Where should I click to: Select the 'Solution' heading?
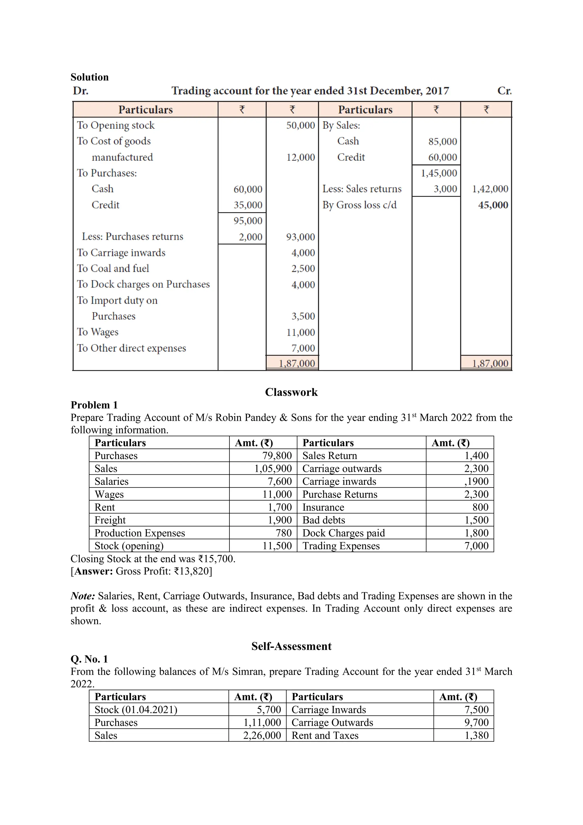pyautogui.click(x=89, y=77)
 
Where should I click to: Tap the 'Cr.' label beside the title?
pyautogui.click(x=504, y=91)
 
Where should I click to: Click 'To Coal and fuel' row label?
pyautogui.click(x=113, y=268)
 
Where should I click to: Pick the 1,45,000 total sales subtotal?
pyautogui.click(x=439, y=173)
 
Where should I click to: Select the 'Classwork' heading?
pyautogui.click(x=291, y=392)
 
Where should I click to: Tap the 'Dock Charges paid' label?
pyautogui.click(x=343, y=533)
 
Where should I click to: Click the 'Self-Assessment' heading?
pyautogui.click(x=291, y=646)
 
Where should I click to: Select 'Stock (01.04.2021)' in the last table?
pyautogui.click(x=136, y=710)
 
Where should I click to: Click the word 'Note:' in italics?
pyautogui.click(x=83, y=596)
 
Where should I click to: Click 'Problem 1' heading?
pyautogui.click(x=94, y=405)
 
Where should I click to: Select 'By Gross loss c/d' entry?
pyautogui.click(x=359, y=205)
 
